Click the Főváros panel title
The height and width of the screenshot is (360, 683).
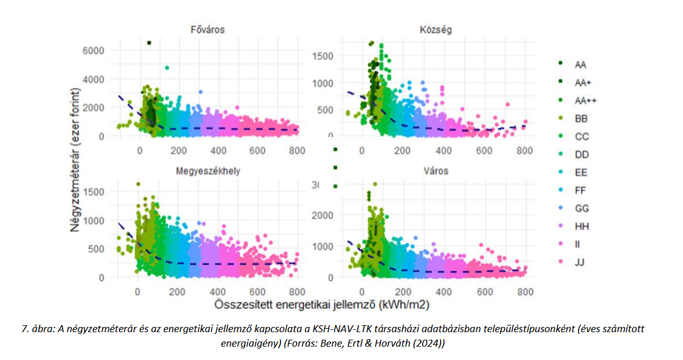pyautogui.click(x=207, y=30)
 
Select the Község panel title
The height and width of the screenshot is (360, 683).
pyautogui.click(x=437, y=30)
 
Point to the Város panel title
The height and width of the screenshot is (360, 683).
pyautogui.click(x=437, y=172)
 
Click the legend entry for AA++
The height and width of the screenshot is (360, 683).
pyautogui.click(x=584, y=100)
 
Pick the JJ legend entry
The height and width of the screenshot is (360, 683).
pyautogui.click(x=580, y=263)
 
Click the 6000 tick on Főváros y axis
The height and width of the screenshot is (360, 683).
pyautogui.click(x=93, y=50)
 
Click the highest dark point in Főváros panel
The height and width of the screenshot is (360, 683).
pyautogui.click(x=149, y=43)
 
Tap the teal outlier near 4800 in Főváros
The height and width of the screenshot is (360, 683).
pyautogui.click(x=167, y=68)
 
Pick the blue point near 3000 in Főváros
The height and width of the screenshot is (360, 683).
pyautogui.click(x=201, y=92)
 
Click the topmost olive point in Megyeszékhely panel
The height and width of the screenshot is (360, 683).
pyautogui.click(x=138, y=184)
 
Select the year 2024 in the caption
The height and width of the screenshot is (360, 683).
pyautogui.click(x=430, y=343)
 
